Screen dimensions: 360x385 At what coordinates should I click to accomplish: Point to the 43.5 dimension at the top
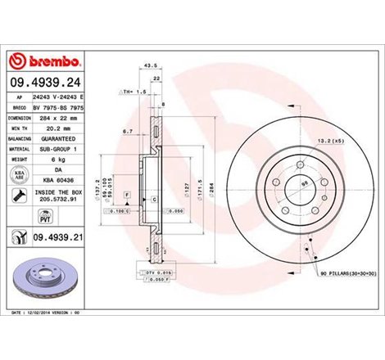click(151, 65)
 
